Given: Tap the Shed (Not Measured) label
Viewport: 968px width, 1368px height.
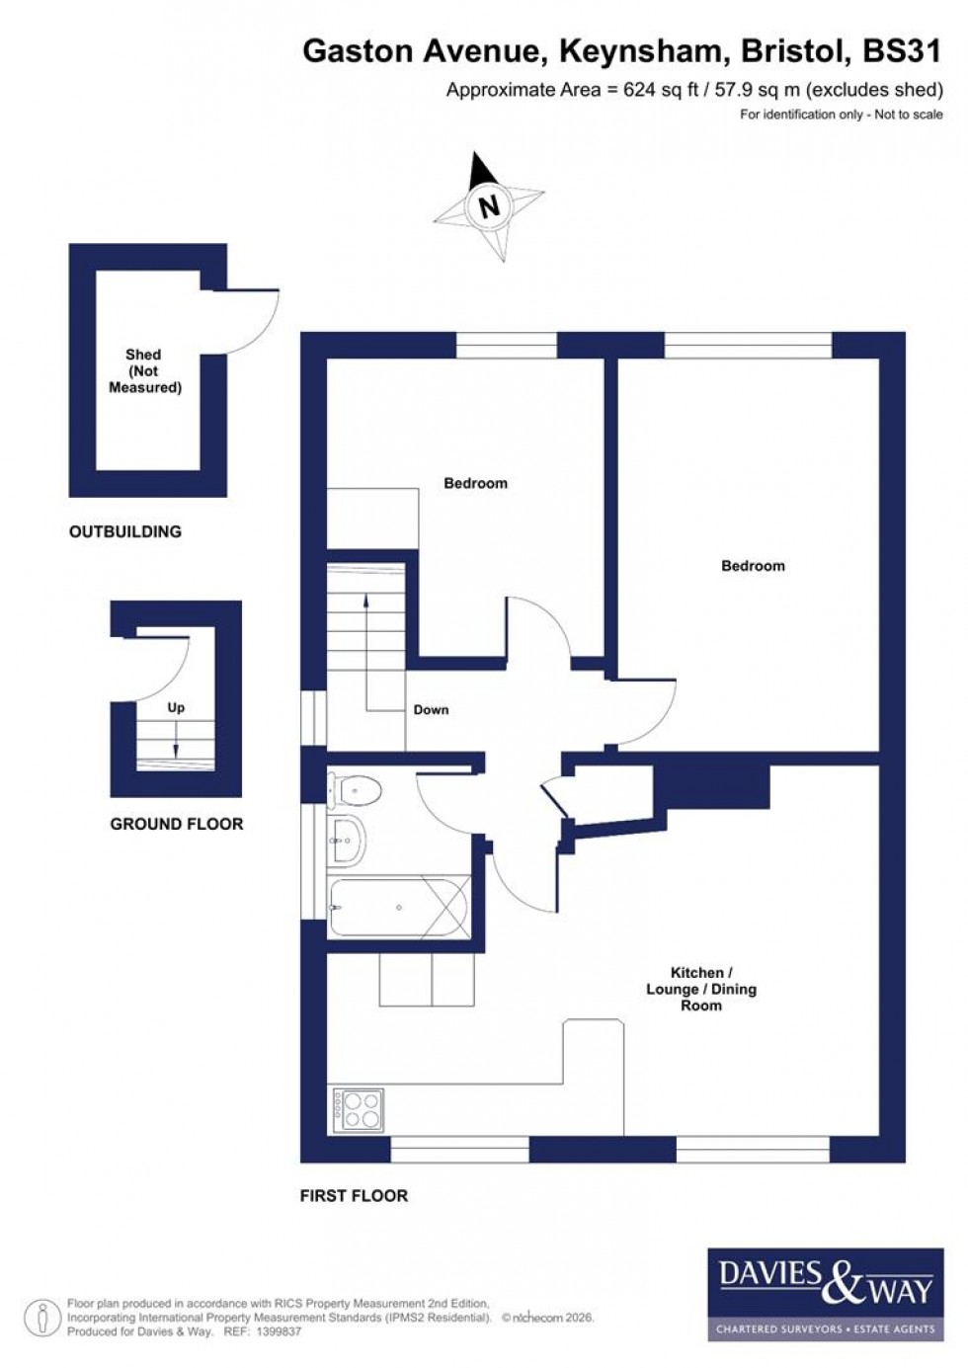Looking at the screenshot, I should (144, 370).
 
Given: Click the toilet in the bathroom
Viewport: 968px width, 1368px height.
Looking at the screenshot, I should (355, 789).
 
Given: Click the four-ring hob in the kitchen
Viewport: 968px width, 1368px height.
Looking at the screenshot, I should (358, 1109).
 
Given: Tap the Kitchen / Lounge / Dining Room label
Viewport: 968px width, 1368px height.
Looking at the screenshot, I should (700, 989).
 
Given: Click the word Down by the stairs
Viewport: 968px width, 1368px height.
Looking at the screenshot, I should (431, 709).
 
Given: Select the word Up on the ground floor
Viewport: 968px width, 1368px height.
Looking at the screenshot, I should (176, 707).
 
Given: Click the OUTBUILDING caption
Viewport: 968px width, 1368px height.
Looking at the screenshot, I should (125, 531).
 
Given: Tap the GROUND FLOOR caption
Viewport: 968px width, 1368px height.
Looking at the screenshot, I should (176, 824).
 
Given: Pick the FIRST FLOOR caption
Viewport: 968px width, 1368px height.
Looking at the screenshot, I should (354, 1195).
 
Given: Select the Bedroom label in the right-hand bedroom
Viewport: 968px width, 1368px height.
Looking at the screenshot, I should (753, 566).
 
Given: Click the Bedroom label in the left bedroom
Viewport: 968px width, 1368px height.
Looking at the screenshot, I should (475, 483).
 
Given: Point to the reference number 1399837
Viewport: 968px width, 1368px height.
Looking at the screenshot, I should (277, 1331).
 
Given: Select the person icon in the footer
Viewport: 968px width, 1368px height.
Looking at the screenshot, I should (41, 1319).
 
